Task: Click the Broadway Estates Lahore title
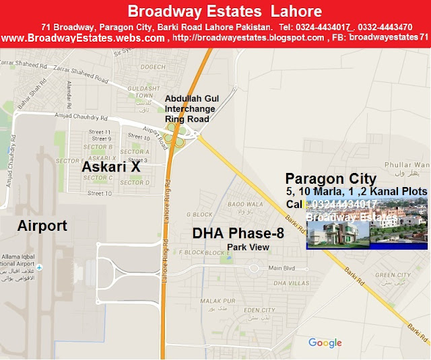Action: [224, 11]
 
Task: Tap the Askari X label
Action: [111, 166]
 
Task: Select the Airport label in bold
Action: [42, 225]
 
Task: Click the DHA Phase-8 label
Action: [238, 233]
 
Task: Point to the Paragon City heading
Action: [331, 178]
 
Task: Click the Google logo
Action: [325, 343]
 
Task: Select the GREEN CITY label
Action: [393, 275]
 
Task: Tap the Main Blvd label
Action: [281, 268]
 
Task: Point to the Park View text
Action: [248, 248]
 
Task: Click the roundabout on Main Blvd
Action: [254, 268]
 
